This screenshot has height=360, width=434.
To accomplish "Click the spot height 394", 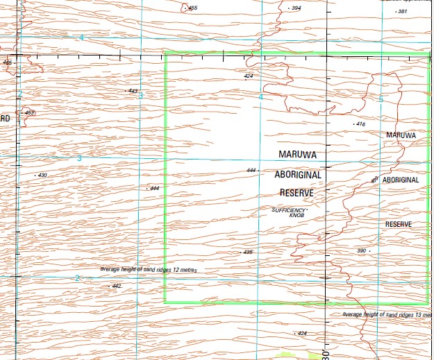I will pos(297,8).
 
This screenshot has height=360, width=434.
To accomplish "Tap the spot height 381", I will pos(402,12).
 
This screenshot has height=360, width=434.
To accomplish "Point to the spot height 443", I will pos(133,91).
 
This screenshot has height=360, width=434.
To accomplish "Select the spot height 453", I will pos(29,112).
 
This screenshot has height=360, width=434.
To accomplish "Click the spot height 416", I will pos(360,124).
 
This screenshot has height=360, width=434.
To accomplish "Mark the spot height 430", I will pos(42,175).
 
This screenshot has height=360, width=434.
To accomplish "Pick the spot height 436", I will pos(247,252).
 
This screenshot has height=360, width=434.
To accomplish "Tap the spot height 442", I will pos(117,286).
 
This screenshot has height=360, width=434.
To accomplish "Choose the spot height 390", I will pos(361,250).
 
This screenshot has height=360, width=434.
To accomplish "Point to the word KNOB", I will pos(296,215).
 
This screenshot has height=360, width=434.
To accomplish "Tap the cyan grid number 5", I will pos(381,99).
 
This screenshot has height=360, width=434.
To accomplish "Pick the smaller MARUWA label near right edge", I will pos(401,135).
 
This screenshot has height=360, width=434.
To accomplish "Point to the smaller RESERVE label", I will pos(399,225).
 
